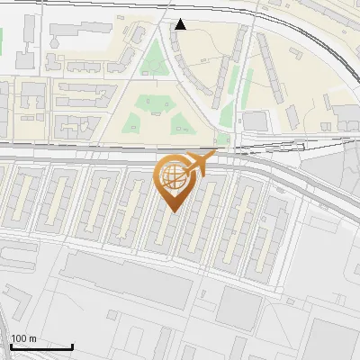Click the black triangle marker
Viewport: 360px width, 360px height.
click(181, 24)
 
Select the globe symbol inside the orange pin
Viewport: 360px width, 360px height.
click(173, 177)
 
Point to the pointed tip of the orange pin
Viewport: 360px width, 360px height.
click(173, 211)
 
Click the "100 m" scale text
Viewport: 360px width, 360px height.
click(23, 338)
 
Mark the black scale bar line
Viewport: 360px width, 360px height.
click(41, 346)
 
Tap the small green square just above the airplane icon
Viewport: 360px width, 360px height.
click(221, 139)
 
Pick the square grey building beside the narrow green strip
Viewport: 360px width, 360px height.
click(257, 121)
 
